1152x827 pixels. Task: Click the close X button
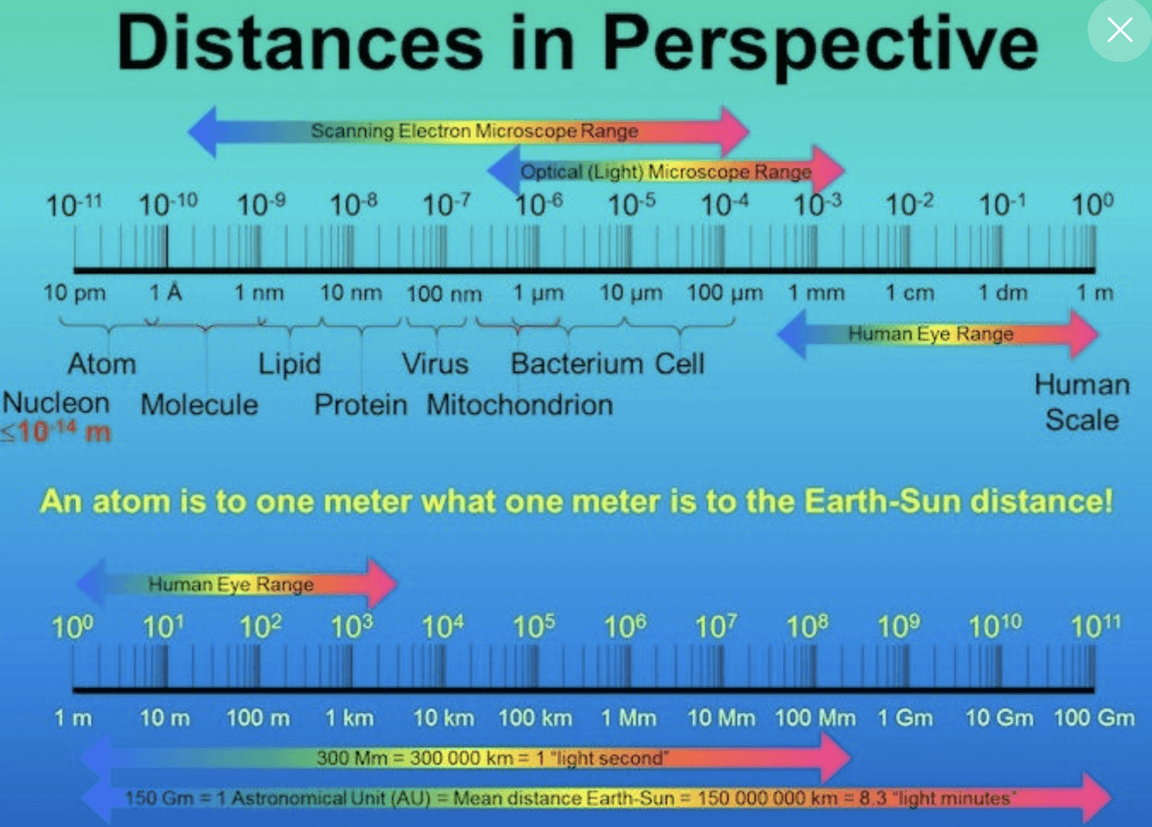pos(1120,30)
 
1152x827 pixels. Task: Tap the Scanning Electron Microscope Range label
pos(474,131)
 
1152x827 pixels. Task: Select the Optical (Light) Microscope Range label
pos(666,172)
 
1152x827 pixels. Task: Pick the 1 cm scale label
pos(910,293)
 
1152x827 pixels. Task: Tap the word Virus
pos(435,364)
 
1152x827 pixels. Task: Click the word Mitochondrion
pos(519,404)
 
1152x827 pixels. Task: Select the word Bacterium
pos(577,364)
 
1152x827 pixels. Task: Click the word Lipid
pos(289,364)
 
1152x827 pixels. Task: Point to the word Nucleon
pos(56,401)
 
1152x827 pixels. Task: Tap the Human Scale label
pos(1082,402)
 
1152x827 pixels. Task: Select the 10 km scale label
pos(443,719)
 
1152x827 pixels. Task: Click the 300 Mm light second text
pos(492,757)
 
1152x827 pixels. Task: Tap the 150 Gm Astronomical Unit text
pos(571,799)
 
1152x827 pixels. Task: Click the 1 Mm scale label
pos(629,719)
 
